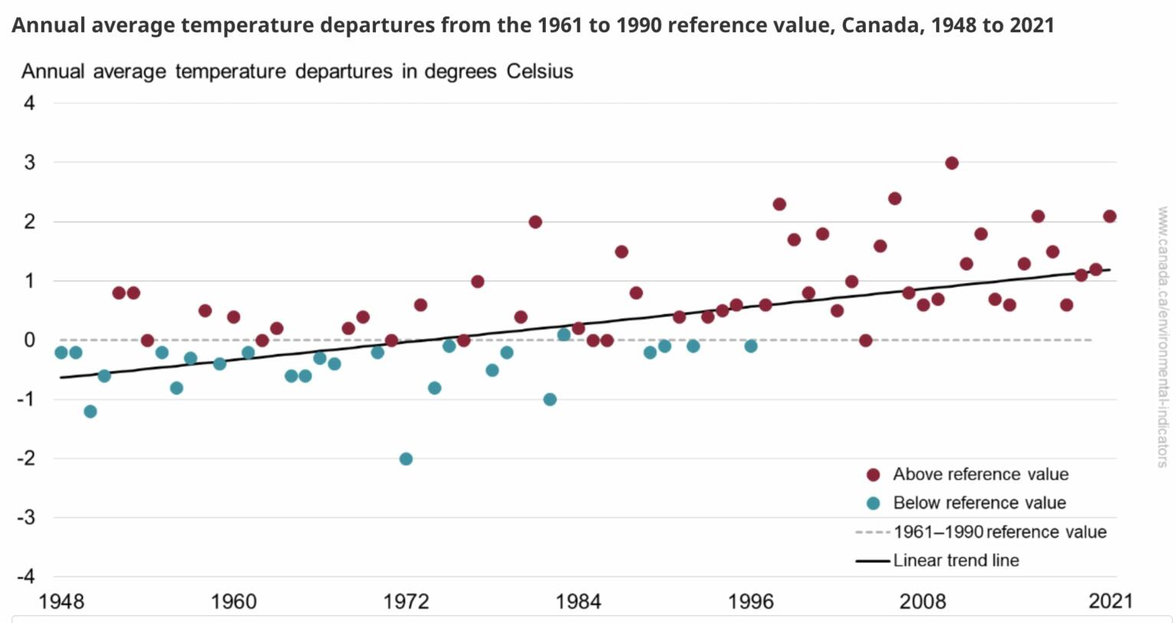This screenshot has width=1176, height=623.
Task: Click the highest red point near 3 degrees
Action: pyautogui.click(x=952, y=163)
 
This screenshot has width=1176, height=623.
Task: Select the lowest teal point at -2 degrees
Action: pyautogui.click(x=406, y=459)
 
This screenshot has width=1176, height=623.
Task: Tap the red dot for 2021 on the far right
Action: pyautogui.click(x=1109, y=217)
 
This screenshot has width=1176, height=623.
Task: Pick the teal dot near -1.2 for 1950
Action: pyautogui.click(x=90, y=412)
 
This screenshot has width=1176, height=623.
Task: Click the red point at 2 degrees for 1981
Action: pyautogui.click(x=535, y=222)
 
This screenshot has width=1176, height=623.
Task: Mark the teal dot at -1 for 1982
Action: pyautogui.click(x=550, y=400)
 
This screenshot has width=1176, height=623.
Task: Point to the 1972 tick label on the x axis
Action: pyautogui.click(x=406, y=602)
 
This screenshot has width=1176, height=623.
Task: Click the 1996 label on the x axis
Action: pyautogui.click(x=750, y=602)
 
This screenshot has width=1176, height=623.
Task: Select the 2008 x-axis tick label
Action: pyautogui.click(x=923, y=602)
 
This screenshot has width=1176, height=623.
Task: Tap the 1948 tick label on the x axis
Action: pyautogui.click(x=61, y=602)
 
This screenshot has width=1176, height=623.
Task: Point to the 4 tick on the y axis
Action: pyautogui.click(x=30, y=103)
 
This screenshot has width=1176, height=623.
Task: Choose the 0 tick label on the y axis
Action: pyautogui.click(x=30, y=340)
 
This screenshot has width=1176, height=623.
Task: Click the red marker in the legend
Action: pyautogui.click(x=873, y=475)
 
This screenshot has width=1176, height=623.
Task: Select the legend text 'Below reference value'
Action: pyautogui.click(x=979, y=503)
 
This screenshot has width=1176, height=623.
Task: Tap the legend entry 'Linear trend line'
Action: pyautogui.click(x=955, y=560)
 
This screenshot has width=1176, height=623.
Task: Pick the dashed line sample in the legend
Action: pyautogui.click(x=873, y=532)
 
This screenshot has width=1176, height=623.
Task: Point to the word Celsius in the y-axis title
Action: pyautogui.click(x=540, y=72)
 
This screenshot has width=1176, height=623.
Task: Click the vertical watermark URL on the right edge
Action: pyautogui.click(x=1163, y=337)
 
